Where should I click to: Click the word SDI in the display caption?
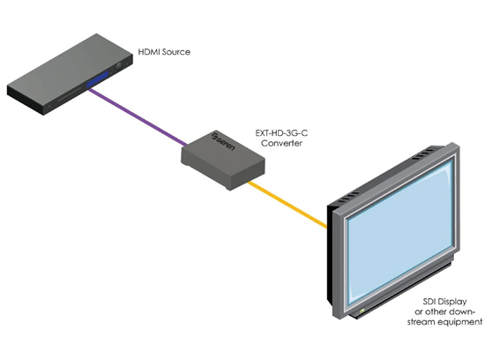pyautogui.click(x=421, y=302)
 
